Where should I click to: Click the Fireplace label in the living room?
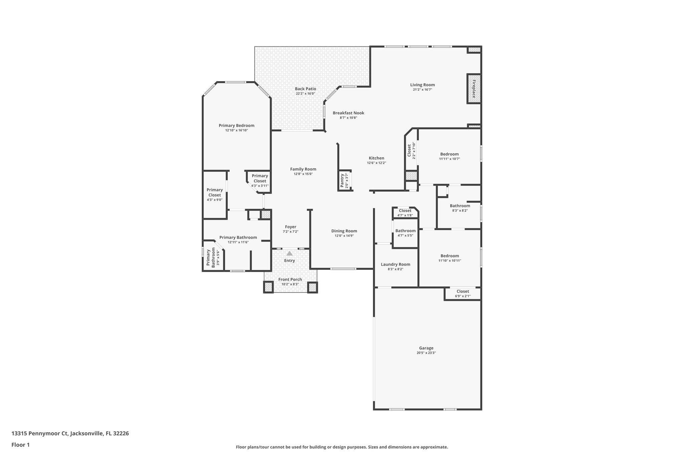click(x=474, y=89)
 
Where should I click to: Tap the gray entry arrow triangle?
click(x=290, y=254)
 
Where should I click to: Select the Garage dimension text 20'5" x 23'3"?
click(x=426, y=353)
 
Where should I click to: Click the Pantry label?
click(x=342, y=181)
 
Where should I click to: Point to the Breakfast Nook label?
click(x=348, y=113)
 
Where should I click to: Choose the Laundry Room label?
click(x=395, y=264)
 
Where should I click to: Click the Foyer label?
click(x=291, y=227)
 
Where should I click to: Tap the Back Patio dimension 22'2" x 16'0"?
click(x=305, y=94)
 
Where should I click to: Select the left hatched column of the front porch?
click(x=269, y=287)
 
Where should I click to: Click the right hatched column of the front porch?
click(x=312, y=287)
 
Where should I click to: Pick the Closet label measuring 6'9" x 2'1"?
click(x=463, y=291)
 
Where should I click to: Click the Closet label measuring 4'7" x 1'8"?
click(x=405, y=210)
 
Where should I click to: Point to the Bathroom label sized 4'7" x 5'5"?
click(x=405, y=231)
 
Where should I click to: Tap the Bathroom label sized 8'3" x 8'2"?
click(x=460, y=206)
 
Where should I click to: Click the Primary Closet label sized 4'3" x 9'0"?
click(x=214, y=192)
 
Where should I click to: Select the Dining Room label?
click(x=344, y=231)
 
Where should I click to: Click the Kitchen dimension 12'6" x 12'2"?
click(x=376, y=163)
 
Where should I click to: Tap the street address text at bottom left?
click(x=70, y=434)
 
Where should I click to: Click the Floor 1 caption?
click(x=21, y=445)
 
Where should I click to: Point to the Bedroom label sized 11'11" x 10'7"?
click(x=449, y=154)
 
